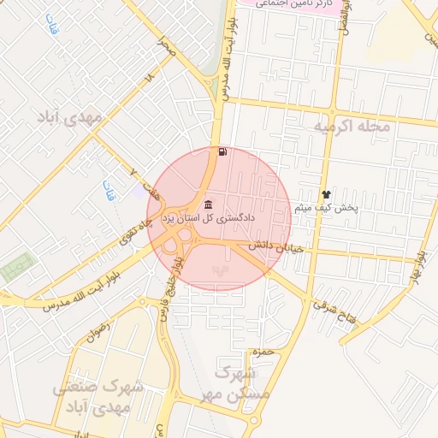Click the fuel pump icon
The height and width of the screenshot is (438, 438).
tap(223, 151)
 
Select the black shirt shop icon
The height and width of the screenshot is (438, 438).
tap(325, 194)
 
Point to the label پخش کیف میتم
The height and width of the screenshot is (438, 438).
tap(326, 208)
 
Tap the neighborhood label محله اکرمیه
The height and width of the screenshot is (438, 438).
tap(352, 127)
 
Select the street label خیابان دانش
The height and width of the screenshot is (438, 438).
tap(271, 246)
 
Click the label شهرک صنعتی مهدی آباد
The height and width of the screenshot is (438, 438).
tap(95, 398)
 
